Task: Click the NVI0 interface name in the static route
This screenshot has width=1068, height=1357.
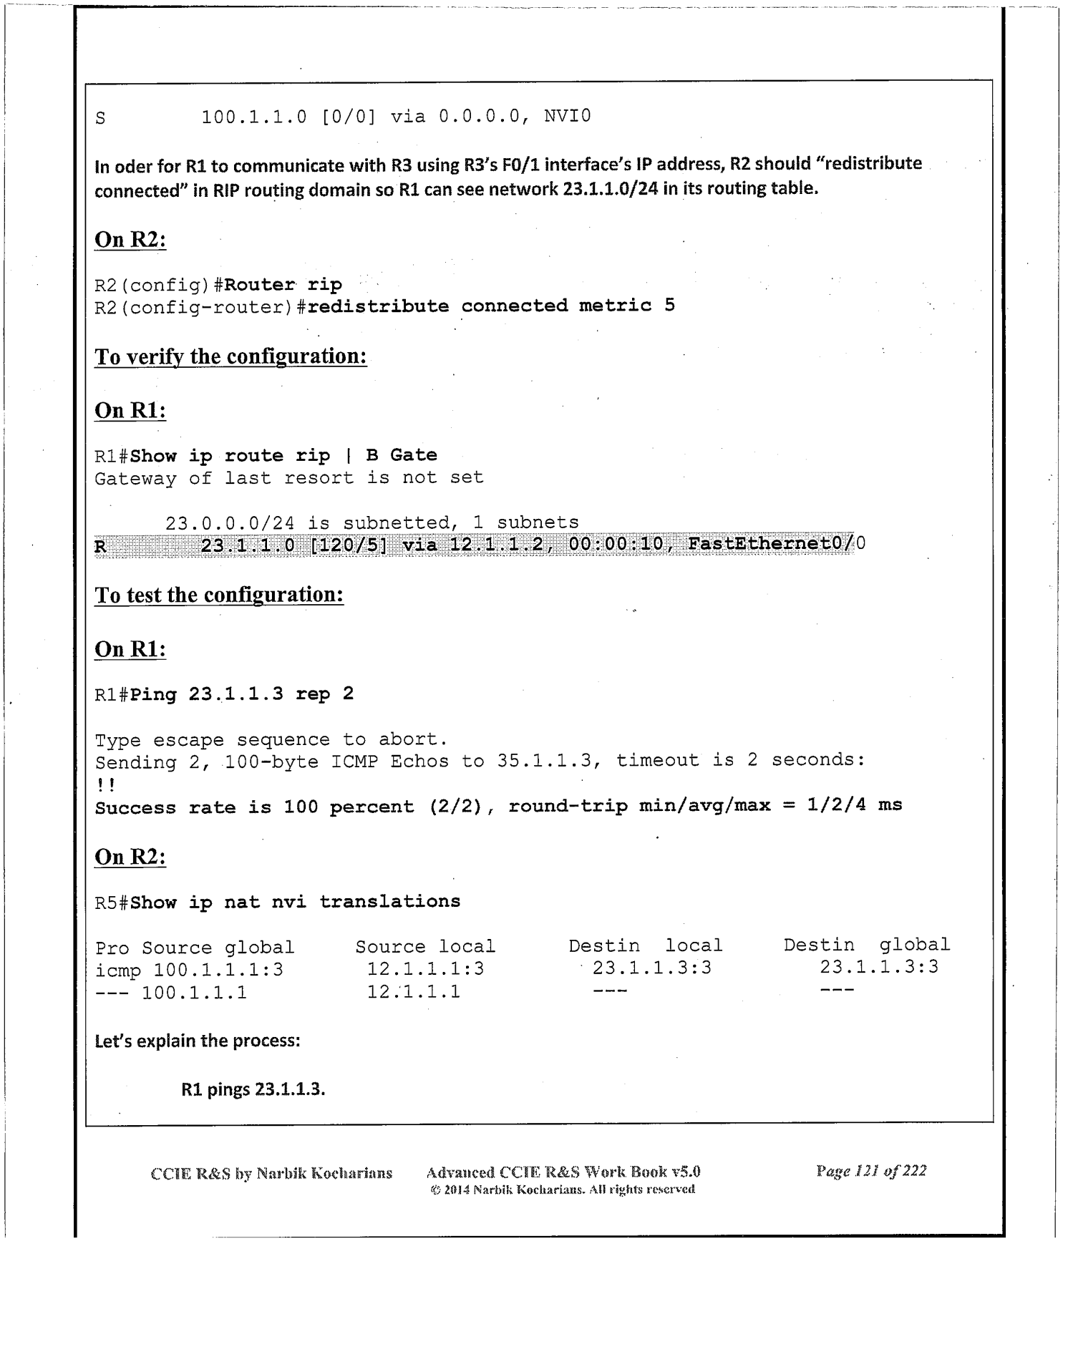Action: [567, 115]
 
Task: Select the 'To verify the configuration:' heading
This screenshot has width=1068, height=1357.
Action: [230, 356]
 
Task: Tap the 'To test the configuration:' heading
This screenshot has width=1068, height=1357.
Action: [219, 595]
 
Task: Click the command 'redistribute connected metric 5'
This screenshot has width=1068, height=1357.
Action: [491, 306]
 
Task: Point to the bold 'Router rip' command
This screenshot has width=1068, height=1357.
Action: [283, 285]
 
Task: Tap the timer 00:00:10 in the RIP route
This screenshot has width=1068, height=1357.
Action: [616, 544]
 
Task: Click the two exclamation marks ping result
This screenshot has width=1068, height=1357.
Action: [105, 785]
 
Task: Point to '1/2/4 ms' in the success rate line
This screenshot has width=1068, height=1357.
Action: [854, 805]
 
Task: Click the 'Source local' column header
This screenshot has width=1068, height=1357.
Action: [425, 946]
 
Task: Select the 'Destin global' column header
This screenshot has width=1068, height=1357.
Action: [866, 945]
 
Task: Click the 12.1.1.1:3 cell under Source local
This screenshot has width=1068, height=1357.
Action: [425, 969]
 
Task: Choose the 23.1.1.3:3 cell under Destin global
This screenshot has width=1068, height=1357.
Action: [878, 968]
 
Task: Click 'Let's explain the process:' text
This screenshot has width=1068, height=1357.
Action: [197, 1041]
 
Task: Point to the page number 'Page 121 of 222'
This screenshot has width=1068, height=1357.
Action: [870, 1171]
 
